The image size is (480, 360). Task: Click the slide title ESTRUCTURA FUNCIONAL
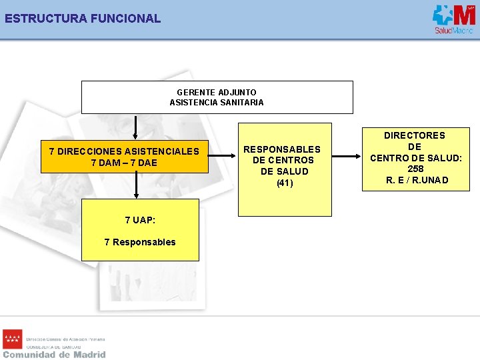click(83, 19)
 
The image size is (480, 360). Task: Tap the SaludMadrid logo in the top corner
click(453, 19)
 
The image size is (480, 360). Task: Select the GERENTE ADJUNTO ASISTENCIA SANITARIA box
click(217, 97)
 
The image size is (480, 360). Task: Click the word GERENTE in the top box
click(196, 92)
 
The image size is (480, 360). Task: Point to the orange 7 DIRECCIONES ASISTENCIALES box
click(124, 157)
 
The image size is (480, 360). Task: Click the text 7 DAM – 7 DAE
click(124, 163)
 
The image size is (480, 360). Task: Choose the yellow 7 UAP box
click(140, 229)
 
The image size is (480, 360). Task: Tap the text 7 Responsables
click(140, 242)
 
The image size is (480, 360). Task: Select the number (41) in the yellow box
click(285, 183)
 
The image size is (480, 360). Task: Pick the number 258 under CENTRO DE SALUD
click(415, 169)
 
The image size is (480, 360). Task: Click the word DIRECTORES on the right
click(415, 135)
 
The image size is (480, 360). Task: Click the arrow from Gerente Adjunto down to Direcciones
click(136, 127)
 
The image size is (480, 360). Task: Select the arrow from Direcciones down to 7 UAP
click(137, 185)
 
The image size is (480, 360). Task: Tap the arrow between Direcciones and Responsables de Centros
click(223, 157)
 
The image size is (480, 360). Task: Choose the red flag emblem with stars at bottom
click(12, 339)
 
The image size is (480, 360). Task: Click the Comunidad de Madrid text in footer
click(54, 355)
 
